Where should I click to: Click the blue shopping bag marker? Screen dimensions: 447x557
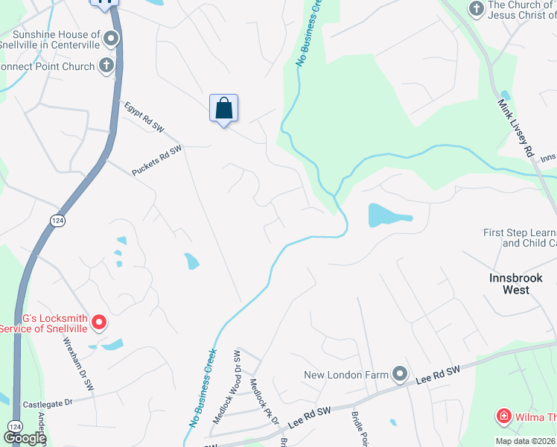223,109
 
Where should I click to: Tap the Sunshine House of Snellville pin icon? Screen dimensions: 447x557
112,38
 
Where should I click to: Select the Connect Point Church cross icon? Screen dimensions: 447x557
106,66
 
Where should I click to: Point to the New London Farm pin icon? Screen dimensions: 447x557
400,373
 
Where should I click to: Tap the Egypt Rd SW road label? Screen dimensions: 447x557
144,117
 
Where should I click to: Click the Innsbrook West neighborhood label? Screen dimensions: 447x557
515,283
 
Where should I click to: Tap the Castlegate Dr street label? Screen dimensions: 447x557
47,403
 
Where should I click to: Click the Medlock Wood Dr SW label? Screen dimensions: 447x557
226,387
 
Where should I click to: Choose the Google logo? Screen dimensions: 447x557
25,438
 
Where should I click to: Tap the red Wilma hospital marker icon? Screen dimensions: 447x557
504,416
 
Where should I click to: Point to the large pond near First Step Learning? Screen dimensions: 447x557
387,216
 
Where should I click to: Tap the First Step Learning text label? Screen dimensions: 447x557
520,238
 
